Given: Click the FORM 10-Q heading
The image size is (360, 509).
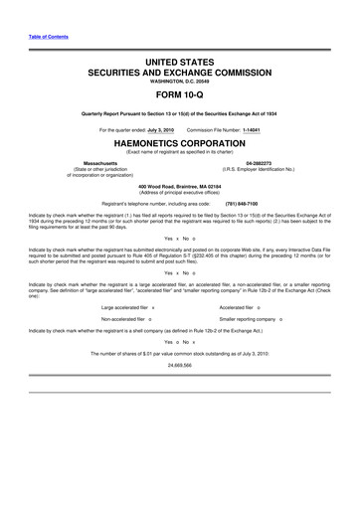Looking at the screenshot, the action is pos(180,96).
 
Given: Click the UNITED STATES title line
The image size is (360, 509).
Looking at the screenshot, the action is pos(180,62).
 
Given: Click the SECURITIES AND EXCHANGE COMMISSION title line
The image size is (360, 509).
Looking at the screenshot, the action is pos(180,73).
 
